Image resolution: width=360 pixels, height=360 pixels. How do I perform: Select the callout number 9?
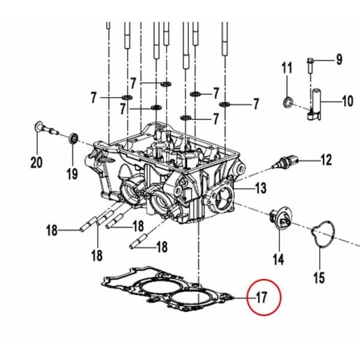pyautogui.click(x=338, y=60)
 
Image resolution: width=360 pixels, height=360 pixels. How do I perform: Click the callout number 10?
pyautogui.click(x=347, y=101)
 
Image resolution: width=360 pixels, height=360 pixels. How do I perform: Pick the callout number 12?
pyautogui.click(x=325, y=160)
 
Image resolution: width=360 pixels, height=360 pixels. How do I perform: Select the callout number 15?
pyautogui.click(x=319, y=278)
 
